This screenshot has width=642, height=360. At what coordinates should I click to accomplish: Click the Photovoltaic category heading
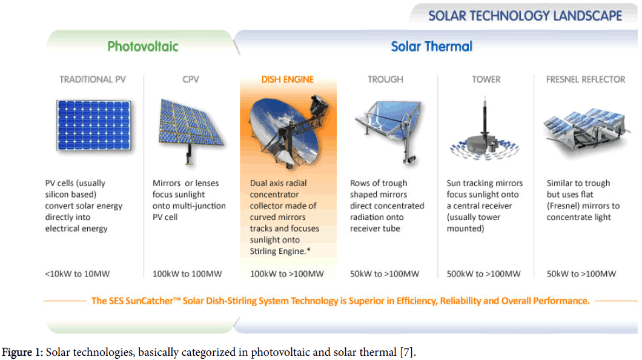click(x=142, y=46)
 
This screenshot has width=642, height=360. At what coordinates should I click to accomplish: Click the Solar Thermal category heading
click(x=432, y=46)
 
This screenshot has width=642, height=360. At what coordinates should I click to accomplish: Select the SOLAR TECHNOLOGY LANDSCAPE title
click(x=525, y=16)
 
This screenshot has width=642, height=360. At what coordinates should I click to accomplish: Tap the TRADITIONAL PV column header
click(x=93, y=79)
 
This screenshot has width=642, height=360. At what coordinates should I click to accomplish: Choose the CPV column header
click(x=191, y=79)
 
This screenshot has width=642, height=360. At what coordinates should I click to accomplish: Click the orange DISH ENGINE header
click(x=288, y=79)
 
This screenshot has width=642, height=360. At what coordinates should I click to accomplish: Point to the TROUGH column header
click(x=385, y=79)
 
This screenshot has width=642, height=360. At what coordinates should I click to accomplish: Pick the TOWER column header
click(x=486, y=79)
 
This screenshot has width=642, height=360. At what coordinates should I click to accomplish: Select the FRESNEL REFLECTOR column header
click(x=586, y=79)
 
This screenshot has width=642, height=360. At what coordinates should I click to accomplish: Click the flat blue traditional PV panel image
click(x=94, y=125)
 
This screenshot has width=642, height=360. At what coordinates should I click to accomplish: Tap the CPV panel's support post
click(x=189, y=154)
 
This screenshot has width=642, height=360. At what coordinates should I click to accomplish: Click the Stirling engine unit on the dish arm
click(x=319, y=105)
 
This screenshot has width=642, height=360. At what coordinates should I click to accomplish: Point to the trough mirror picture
click(x=388, y=130)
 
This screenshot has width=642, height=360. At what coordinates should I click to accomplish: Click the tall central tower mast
click(x=485, y=117)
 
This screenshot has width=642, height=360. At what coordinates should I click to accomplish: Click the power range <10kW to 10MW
click(x=78, y=273)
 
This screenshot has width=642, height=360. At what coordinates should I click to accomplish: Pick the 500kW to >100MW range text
click(x=483, y=273)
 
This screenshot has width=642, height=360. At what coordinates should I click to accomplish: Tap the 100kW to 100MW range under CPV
click(x=187, y=273)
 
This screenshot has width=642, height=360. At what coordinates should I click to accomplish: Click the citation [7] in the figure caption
click(x=406, y=352)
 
